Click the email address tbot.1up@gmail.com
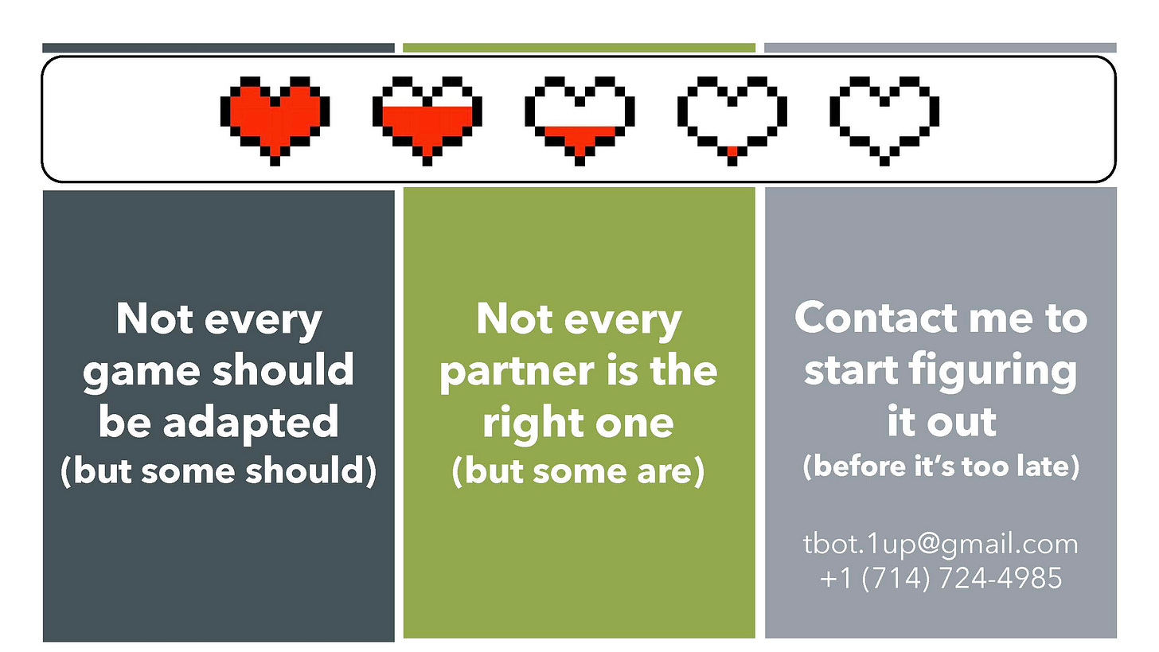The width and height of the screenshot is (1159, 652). (x=940, y=545)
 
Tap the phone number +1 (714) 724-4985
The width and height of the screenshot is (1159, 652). (x=940, y=577)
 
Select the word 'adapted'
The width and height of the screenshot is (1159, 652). (x=260, y=422)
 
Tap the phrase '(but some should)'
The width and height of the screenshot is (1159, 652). (x=218, y=471)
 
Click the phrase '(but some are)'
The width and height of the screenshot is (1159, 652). (x=579, y=471)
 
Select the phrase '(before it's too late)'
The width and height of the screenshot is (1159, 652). (x=940, y=467)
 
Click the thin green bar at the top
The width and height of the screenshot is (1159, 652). (x=579, y=48)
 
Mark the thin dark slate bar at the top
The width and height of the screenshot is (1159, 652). (x=218, y=48)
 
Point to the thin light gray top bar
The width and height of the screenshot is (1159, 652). (x=940, y=48)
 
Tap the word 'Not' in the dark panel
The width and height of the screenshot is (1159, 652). (x=154, y=320)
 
